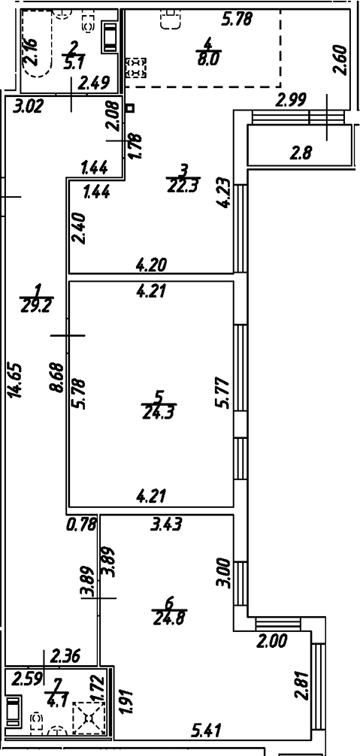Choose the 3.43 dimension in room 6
tap(167, 525)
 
